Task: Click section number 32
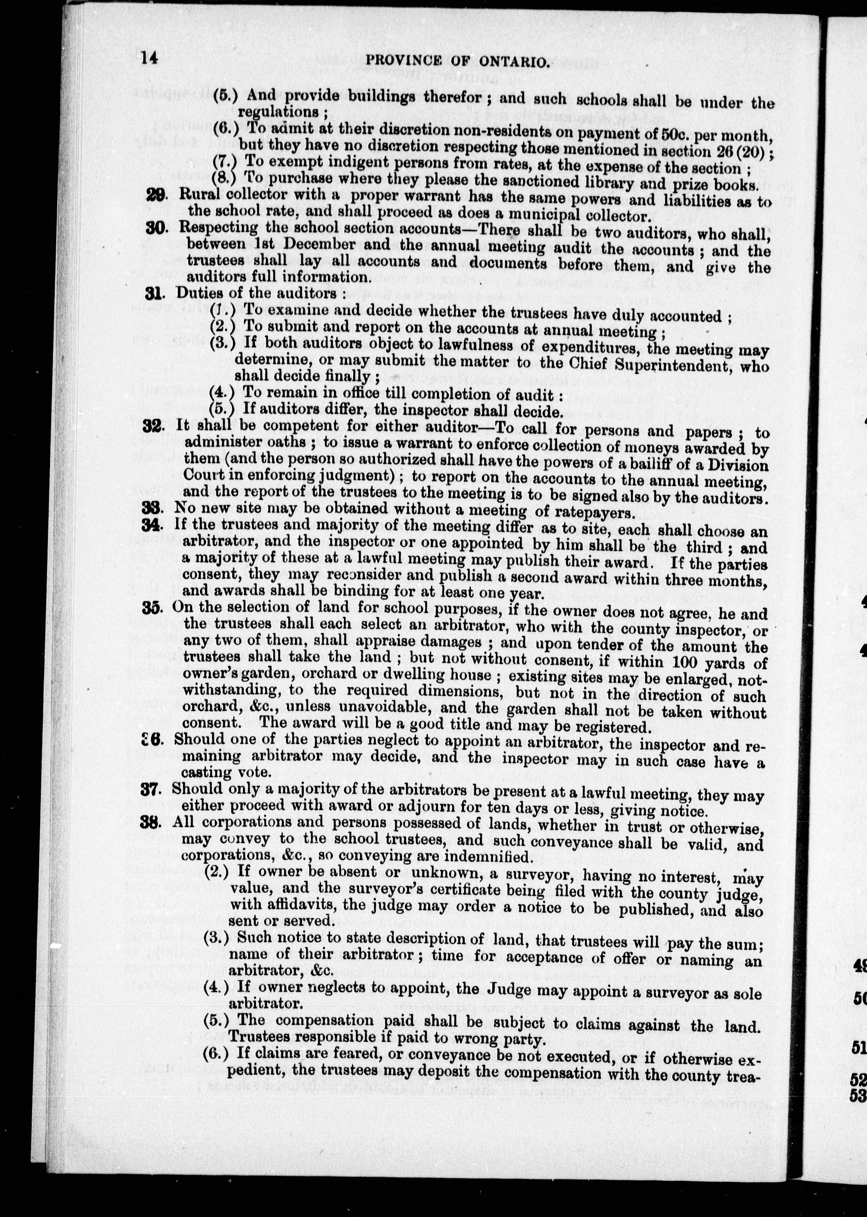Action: [x=153, y=426]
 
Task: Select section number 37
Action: [x=150, y=789]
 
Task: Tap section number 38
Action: [x=150, y=822]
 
